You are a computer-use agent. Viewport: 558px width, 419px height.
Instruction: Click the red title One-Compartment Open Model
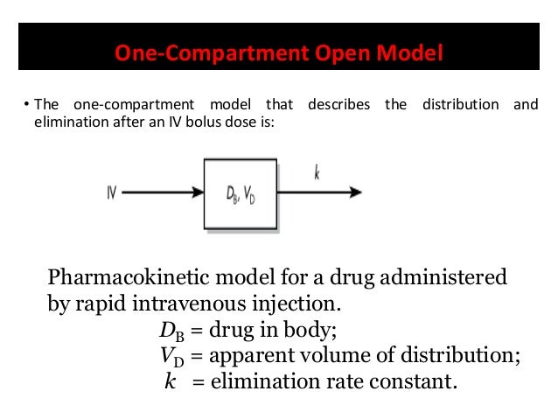click(279, 54)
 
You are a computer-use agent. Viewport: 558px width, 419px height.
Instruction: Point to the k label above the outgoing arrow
click(316, 173)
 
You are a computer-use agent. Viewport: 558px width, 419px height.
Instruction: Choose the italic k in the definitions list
click(170, 381)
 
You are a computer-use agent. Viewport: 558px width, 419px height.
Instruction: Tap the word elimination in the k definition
click(250, 381)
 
